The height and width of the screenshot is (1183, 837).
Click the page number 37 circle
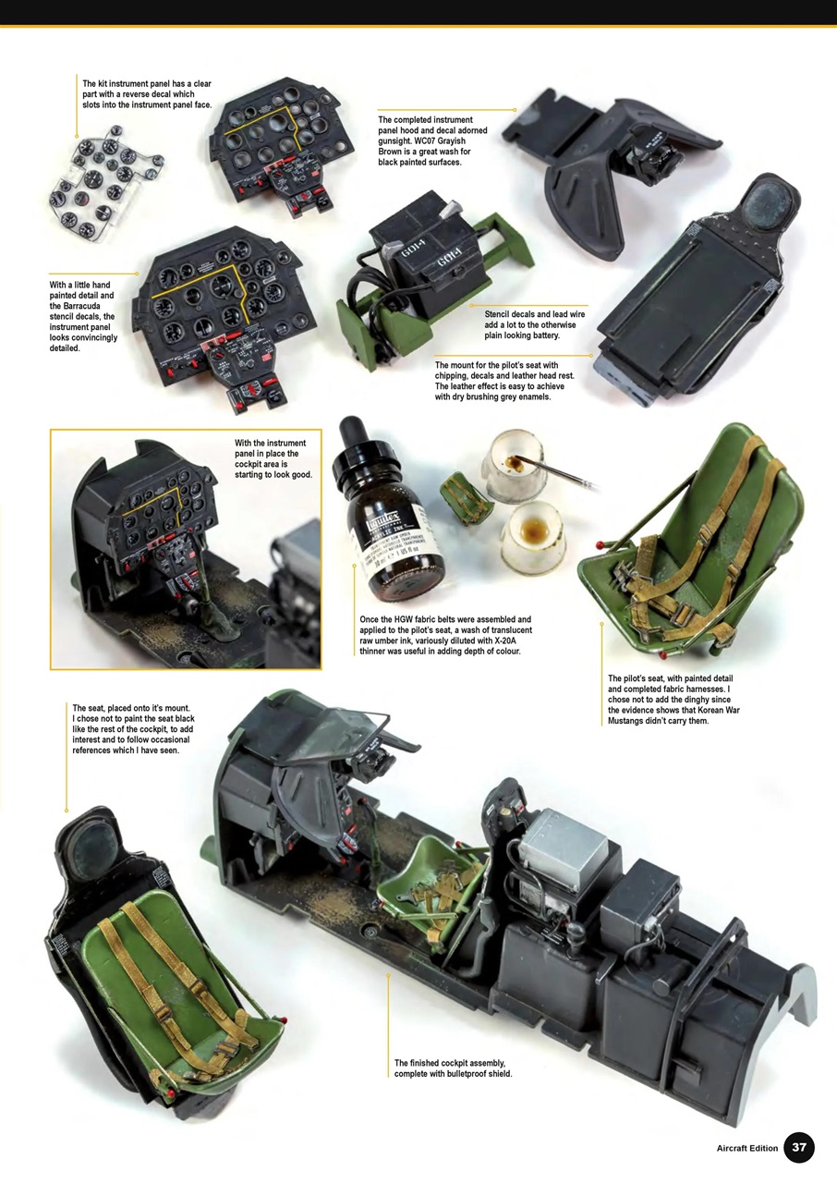pyautogui.click(x=799, y=1148)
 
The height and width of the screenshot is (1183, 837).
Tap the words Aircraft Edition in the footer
pyautogui.click(x=747, y=1149)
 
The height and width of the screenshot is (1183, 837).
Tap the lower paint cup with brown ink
pyautogui.click(x=532, y=536)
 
